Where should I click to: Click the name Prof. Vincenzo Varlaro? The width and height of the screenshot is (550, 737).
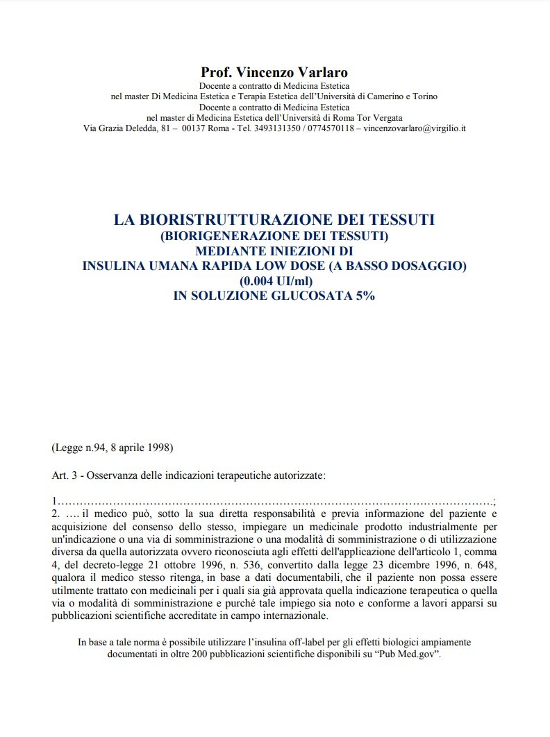click(274, 72)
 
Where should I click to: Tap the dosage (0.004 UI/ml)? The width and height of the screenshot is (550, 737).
click(275, 281)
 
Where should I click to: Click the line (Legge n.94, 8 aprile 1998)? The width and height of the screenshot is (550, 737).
click(112, 447)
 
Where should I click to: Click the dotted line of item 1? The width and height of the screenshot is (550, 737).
click(275, 501)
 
